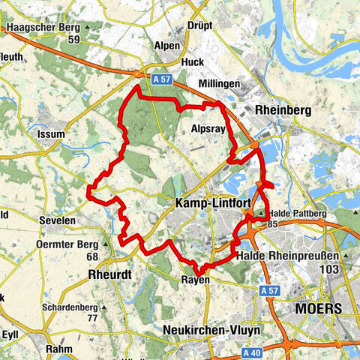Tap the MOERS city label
coord(318,308)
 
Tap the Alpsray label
coord(208,128)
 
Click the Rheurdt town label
coord(109,274)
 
